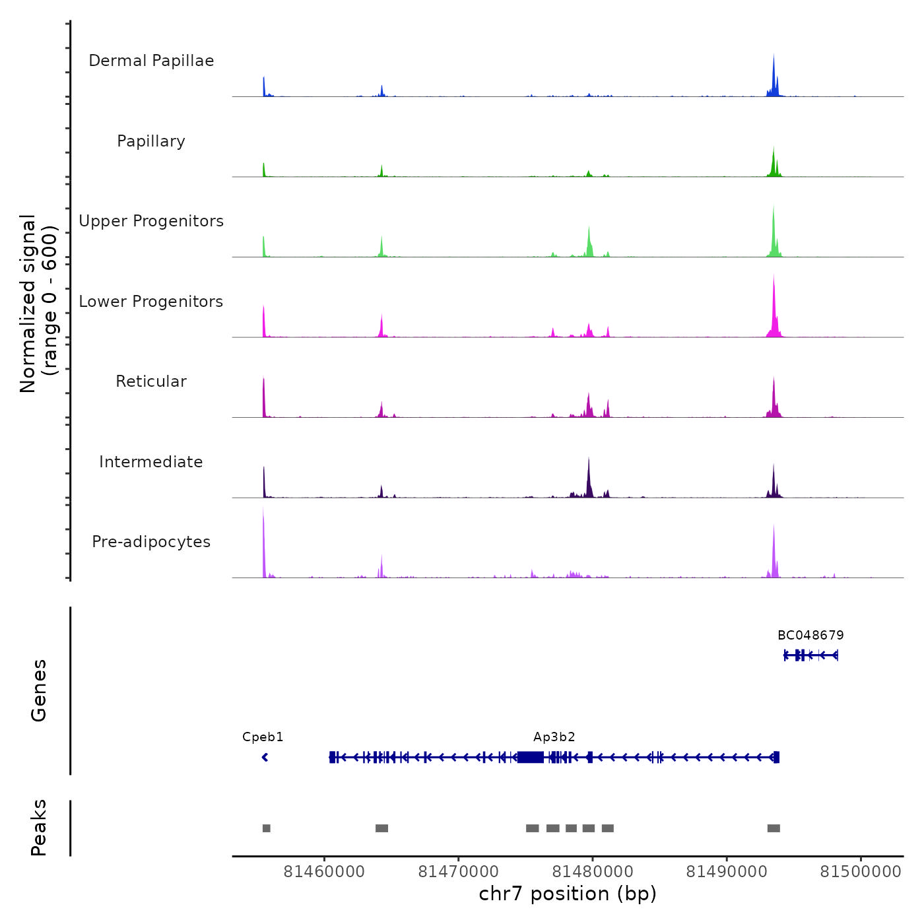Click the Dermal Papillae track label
[x=151, y=61]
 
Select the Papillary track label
[x=151, y=141]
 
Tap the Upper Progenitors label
[x=151, y=221]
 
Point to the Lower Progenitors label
[x=151, y=302]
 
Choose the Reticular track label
[x=151, y=381]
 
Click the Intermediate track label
[x=151, y=462]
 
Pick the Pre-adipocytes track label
[x=151, y=542]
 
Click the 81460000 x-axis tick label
[x=324, y=872]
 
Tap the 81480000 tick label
[x=592, y=872]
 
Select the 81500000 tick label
[x=861, y=872]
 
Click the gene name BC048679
[x=810, y=636]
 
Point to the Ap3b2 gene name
[x=554, y=737]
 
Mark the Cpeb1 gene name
[x=263, y=737]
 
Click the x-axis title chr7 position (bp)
[x=568, y=894]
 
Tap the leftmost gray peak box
[x=266, y=828]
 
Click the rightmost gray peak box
[x=774, y=828]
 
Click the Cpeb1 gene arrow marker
[x=265, y=757]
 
